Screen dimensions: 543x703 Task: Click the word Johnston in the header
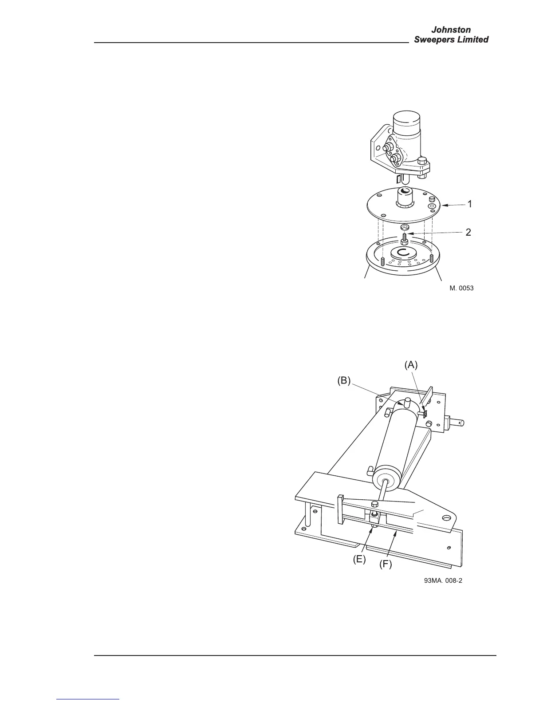[451, 30]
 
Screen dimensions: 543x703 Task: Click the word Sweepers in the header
[433, 39]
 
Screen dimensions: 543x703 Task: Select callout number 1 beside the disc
[469, 204]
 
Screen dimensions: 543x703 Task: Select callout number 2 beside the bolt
[468, 232]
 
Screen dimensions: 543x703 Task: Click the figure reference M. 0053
[461, 288]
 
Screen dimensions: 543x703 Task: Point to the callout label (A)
[411, 365]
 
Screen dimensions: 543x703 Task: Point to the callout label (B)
[344, 380]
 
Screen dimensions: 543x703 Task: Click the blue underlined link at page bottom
[88, 700]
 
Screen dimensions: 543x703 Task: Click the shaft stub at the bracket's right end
[457, 422]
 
